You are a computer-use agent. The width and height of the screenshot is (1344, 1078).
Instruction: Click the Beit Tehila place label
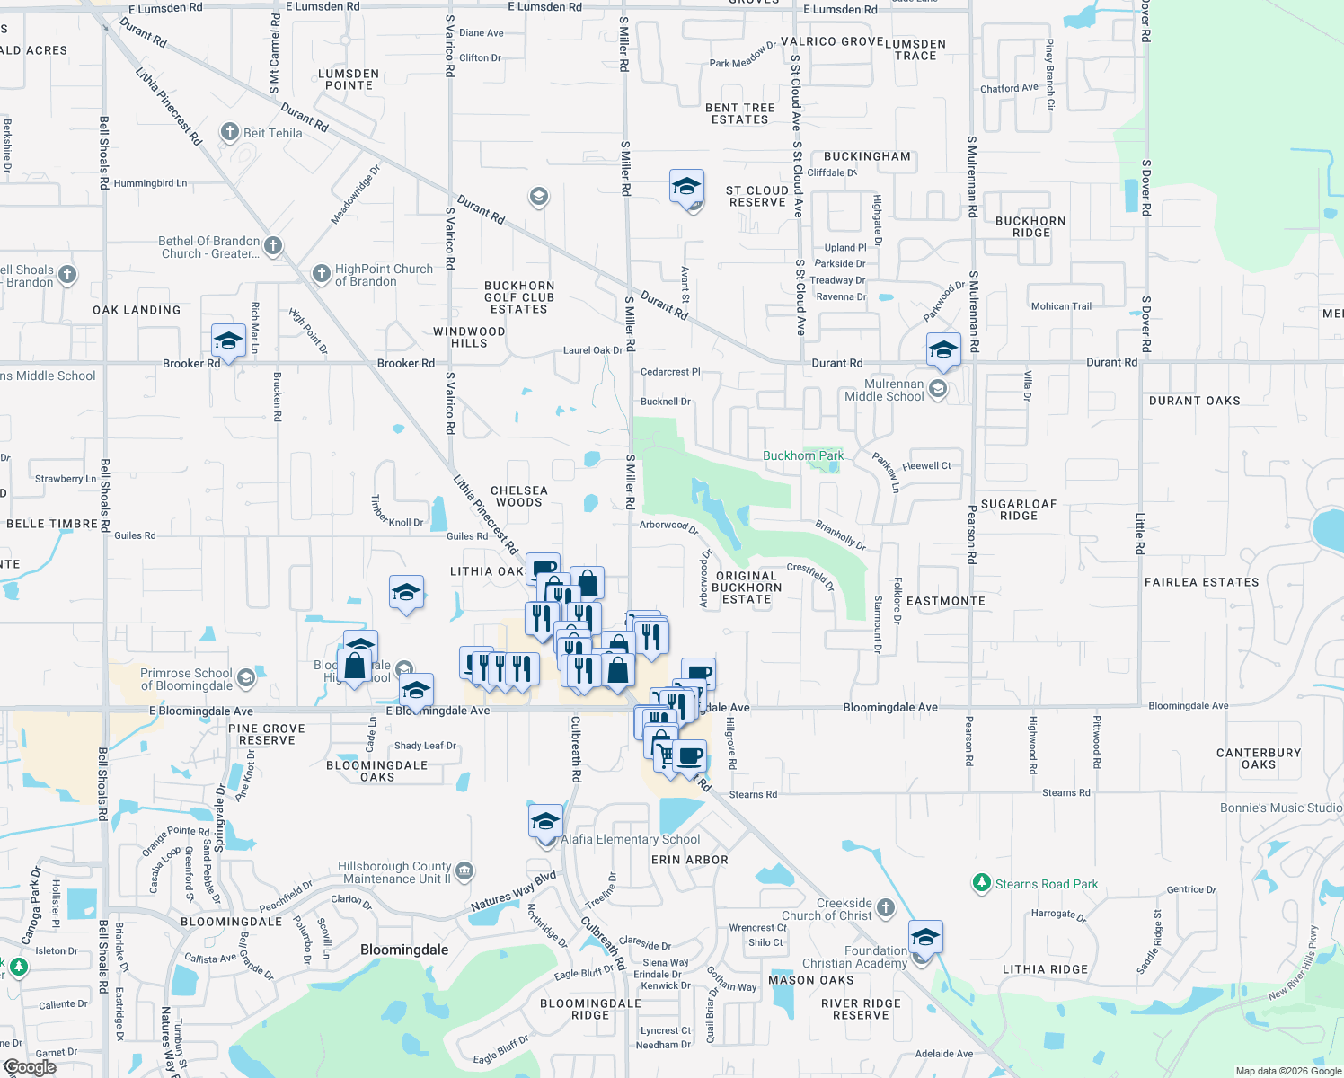(x=272, y=133)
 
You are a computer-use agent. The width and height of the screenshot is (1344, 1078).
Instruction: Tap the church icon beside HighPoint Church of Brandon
(x=321, y=273)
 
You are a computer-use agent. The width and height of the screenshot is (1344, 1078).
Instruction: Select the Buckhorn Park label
(x=802, y=455)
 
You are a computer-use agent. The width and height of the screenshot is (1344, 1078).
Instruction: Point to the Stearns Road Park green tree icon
(x=982, y=883)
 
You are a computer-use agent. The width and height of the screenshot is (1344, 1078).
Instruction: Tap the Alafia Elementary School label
(x=631, y=839)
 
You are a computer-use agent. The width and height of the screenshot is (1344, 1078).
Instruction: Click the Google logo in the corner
(x=30, y=1067)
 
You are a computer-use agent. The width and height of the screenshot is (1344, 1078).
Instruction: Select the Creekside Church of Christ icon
(x=886, y=907)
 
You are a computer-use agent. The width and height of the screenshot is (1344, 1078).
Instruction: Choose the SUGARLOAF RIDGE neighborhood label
(x=1019, y=510)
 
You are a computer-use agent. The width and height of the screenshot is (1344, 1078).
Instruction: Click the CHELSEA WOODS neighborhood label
(x=519, y=497)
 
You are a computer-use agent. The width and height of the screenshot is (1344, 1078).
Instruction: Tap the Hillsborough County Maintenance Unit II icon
(x=464, y=870)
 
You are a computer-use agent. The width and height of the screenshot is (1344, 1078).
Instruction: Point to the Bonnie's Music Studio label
(x=1281, y=808)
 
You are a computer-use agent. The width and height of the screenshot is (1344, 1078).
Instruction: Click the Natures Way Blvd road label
(x=514, y=891)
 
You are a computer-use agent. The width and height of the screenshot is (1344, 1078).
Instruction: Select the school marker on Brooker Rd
(x=228, y=341)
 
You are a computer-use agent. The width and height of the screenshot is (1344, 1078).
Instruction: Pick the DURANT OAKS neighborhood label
(x=1194, y=401)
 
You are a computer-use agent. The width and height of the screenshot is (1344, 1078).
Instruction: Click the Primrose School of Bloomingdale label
(x=186, y=679)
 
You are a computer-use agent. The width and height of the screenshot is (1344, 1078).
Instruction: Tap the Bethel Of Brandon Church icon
(x=273, y=245)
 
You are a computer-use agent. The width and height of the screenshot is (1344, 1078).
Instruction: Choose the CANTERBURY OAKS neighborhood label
(x=1258, y=759)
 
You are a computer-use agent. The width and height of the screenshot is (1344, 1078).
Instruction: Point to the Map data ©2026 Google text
(x=1288, y=1071)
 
